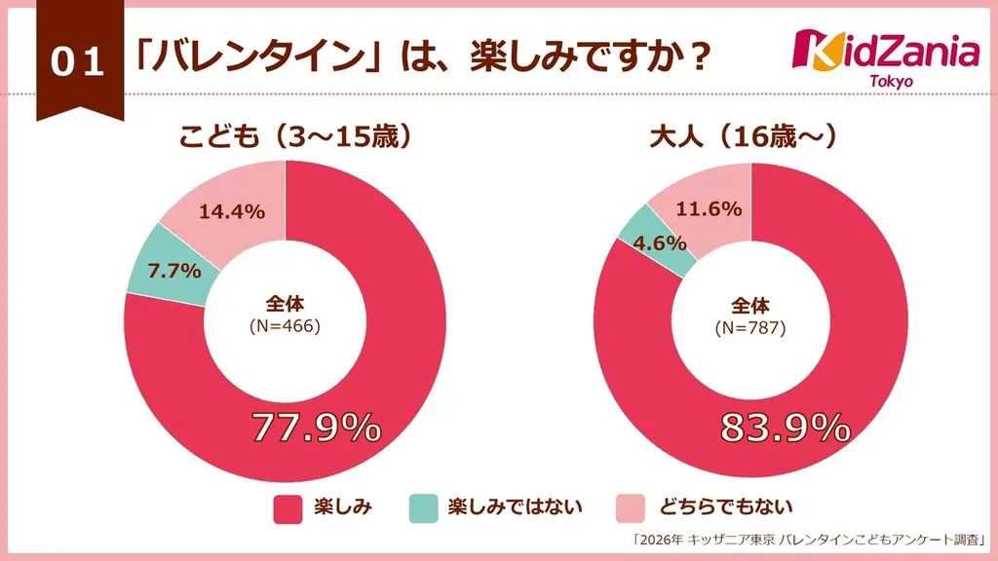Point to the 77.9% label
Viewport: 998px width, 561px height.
pos(316,428)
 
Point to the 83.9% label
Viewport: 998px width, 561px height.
pos(786,428)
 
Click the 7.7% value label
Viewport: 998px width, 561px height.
pos(174,270)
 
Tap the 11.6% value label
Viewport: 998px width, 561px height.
pos(709,208)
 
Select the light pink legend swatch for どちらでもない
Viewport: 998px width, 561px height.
pos(633,507)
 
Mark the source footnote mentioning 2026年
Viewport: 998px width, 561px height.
pos(810,539)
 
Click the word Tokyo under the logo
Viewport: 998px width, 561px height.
pos(891,81)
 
